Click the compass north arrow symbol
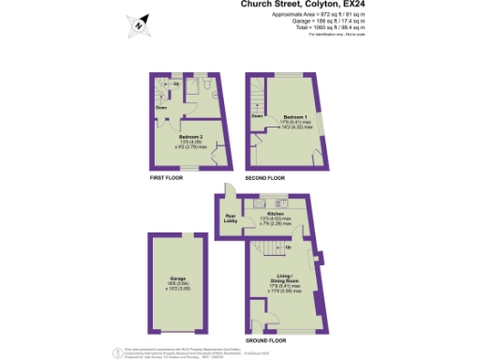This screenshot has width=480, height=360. [139, 24]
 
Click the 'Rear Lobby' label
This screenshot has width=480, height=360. [231, 220]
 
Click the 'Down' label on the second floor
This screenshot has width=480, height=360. [256, 115]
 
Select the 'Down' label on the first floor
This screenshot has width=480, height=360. [162, 107]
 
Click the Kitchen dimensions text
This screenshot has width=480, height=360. [276, 221]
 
